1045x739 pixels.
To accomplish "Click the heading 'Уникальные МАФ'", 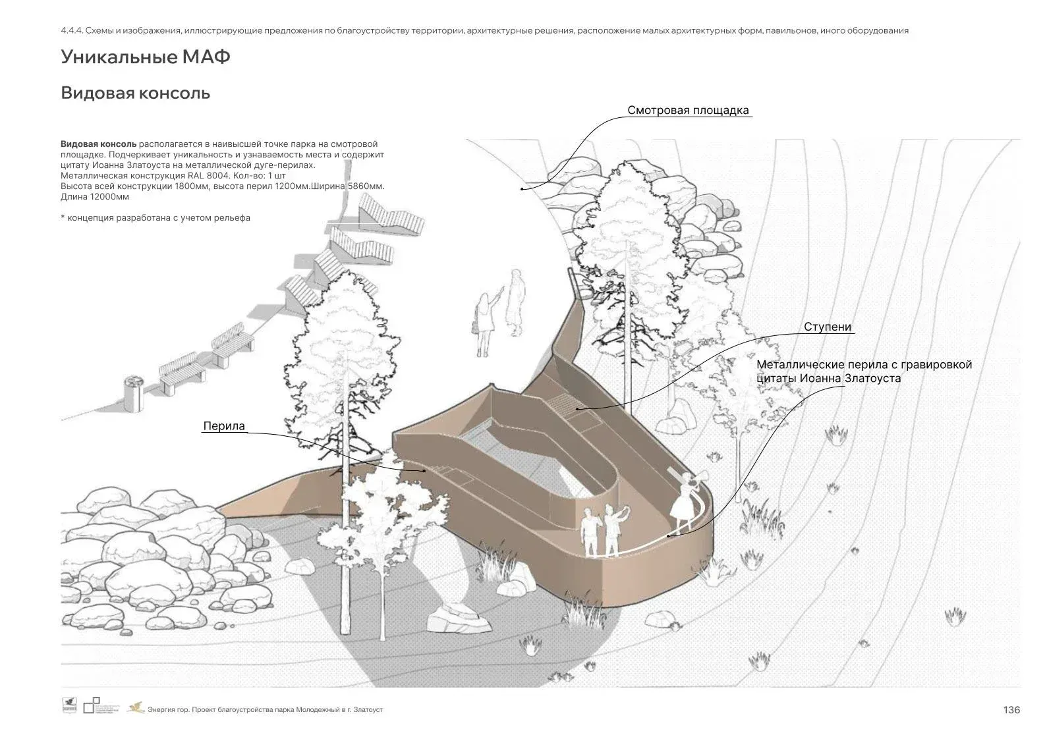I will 146,57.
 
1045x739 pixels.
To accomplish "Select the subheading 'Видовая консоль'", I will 135,93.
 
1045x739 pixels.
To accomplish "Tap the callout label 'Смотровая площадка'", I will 688,110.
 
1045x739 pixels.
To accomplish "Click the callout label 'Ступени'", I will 827,327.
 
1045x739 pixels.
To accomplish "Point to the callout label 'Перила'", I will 224,426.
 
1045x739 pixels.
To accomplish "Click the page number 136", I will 1011,709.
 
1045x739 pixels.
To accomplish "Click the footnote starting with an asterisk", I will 155,217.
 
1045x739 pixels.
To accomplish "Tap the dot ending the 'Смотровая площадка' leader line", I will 522,189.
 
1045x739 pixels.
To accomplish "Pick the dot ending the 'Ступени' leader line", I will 577,408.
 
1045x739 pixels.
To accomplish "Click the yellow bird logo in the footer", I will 136,708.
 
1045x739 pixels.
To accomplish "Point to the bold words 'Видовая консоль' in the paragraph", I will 98,144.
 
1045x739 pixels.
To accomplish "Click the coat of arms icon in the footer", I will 69,705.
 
